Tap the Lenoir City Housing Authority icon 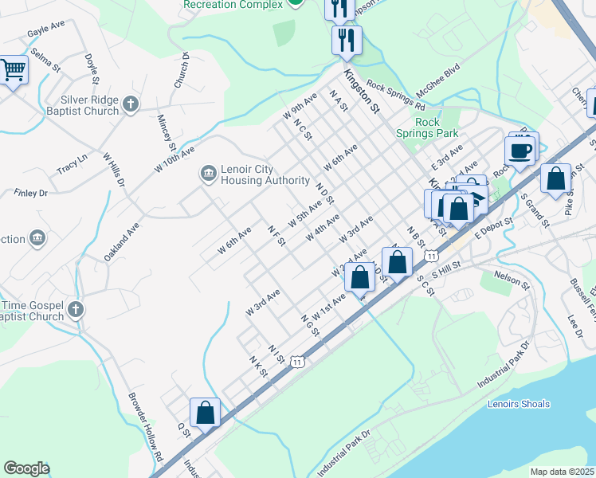pos(208,173)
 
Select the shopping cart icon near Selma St pos(14,71)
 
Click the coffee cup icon pos(520,151)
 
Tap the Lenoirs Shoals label pos(518,404)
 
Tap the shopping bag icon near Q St pos(206,413)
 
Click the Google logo pos(26,468)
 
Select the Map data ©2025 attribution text pos(561,472)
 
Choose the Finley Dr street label pos(31,193)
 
